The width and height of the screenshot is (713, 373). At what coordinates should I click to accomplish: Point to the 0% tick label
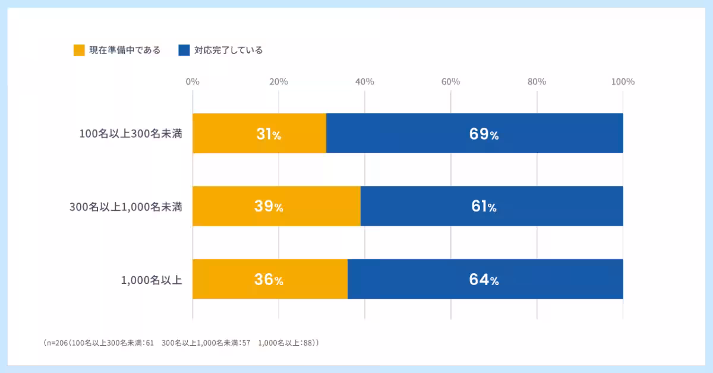[193, 82]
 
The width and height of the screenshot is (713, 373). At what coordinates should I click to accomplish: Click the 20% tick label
[279, 82]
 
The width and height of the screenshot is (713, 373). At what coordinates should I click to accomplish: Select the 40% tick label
[365, 82]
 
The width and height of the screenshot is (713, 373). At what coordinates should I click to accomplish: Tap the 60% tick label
[451, 82]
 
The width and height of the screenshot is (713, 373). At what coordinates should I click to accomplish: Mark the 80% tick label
[537, 82]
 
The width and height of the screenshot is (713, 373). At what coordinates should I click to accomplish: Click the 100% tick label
[623, 82]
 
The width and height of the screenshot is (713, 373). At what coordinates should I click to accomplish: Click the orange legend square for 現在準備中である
[79, 50]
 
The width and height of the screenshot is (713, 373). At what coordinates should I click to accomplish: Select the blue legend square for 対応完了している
[184, 50]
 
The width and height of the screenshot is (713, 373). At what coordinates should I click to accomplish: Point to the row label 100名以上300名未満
[131, 134]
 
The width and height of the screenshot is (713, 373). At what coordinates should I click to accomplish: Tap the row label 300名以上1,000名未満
[125, 207]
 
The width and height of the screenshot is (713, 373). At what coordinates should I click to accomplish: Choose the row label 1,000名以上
[152, 280]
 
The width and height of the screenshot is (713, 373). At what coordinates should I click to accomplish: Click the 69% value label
[484, 134]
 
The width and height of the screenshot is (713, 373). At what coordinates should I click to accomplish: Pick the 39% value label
[269, 207]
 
